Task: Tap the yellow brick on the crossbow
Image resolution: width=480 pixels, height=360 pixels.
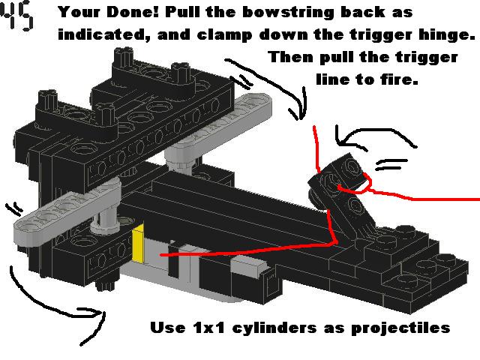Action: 139,247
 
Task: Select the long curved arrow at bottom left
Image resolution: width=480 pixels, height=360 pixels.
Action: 52,296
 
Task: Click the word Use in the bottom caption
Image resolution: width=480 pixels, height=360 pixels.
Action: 166,328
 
